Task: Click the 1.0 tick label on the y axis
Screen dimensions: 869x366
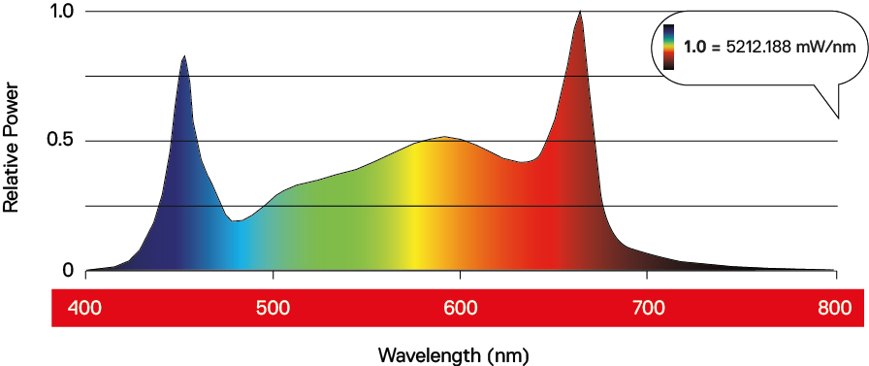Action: (x=61, y=12)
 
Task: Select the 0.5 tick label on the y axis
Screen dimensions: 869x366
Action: (x=61, y=141)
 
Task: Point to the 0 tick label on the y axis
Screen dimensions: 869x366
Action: (x=68, y=270)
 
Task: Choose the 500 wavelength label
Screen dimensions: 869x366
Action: (x=274, y=308)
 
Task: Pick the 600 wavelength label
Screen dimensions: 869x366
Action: (x=461, y=308)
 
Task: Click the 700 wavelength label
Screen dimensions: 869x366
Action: (x=648, y=308)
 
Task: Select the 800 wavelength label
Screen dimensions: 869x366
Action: (x=835, y=308)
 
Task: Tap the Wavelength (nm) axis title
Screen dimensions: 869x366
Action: (x=453, y=354)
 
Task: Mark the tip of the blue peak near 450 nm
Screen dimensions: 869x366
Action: (x=184, y=55)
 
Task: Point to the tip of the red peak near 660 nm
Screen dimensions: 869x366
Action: (x=580, y=11)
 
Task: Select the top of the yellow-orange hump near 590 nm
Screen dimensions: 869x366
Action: (x=444, y=137)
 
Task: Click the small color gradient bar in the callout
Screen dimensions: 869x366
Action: (x=669, y=48)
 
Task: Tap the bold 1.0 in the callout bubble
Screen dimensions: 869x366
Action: (x=694, y=49)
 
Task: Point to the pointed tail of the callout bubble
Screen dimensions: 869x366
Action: (x=838, y=117)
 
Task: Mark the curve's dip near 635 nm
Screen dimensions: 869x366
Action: (x=522, y=162)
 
